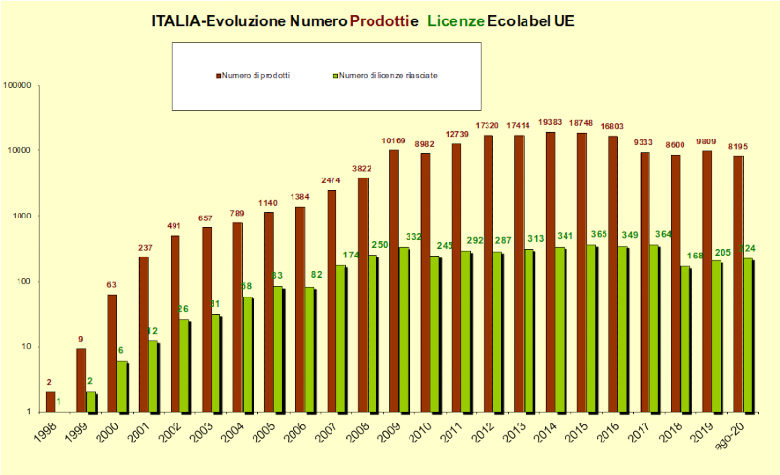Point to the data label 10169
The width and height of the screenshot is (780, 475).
pyautogui.click(x=393, y=141)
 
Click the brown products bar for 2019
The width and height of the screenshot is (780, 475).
pyautogui.click(x=708, y=282)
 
